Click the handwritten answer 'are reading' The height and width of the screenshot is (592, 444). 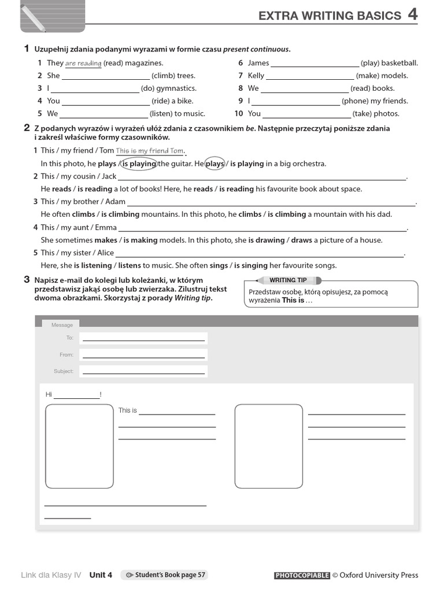83,63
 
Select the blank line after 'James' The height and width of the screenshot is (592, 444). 314,64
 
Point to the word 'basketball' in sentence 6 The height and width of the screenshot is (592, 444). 399,63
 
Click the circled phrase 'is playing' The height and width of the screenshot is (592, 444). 138,164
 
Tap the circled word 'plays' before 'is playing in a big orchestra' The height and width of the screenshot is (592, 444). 214,164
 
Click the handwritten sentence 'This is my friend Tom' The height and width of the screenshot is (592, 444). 149,151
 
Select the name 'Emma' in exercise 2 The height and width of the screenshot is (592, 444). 106,227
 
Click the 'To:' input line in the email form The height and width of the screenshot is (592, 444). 143,338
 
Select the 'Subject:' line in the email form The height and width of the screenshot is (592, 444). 143,371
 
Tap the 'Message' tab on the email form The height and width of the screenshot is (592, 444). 62,325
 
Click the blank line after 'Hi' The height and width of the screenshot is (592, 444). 76,395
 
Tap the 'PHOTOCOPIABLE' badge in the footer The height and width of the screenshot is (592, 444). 302,575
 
